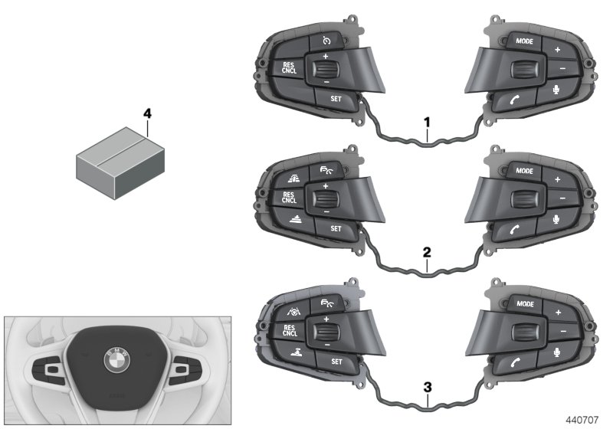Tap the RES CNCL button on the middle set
click(289, 199)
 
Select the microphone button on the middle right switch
click(557, 221)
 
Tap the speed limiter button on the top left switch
click(327, 41)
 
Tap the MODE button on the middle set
click(525, 172)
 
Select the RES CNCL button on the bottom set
click(289, 331)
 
